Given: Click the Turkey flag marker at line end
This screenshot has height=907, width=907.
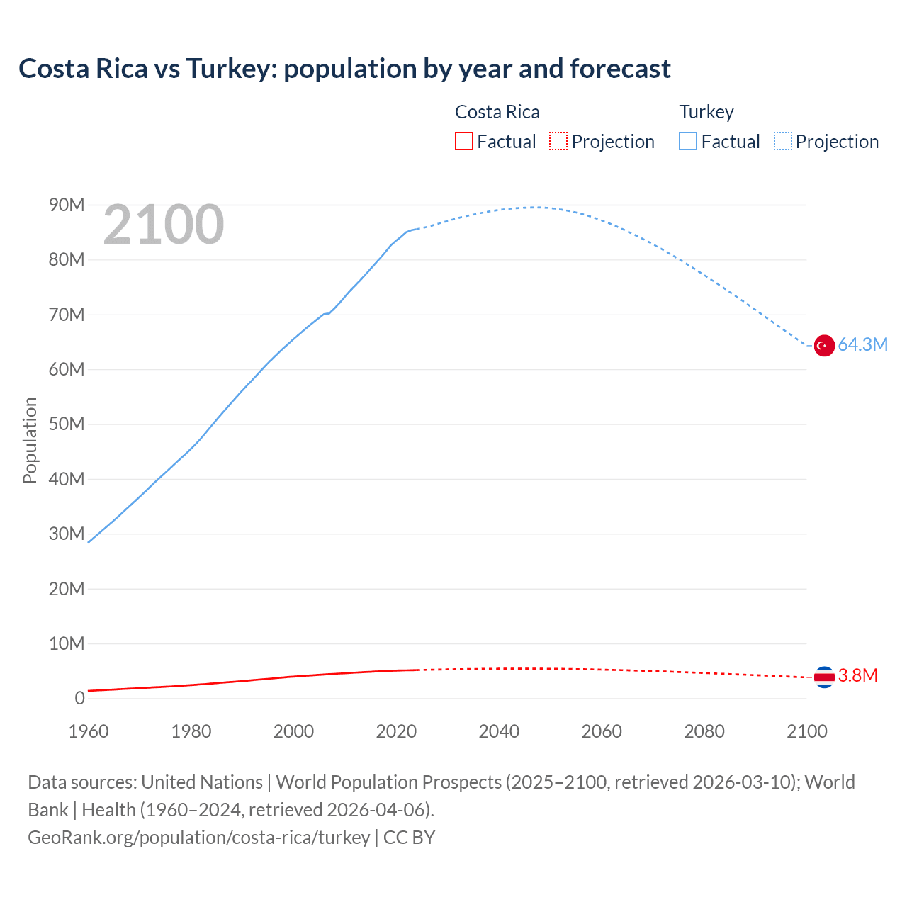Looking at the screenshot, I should tap(824, 346).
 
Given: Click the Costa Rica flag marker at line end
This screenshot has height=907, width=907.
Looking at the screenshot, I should tap(824, 677).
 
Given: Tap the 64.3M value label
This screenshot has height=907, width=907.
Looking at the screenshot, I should tap(862, 345).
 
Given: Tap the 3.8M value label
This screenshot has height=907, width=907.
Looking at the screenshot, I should tap(857, 676).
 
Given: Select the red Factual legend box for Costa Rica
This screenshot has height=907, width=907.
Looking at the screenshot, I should tap(463, 142).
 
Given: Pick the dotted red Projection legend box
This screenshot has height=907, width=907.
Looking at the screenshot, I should tap(558, 142).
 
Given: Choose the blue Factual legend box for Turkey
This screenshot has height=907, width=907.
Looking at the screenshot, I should tap(687, 142).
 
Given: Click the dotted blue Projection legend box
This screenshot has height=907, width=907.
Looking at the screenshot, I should tap(782, 142).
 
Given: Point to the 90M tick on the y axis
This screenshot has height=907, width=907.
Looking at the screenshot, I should tap(67, 205).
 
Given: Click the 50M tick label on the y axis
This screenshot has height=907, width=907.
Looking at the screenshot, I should tap(67, 424).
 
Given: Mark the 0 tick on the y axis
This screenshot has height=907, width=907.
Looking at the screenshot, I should tap(79, 699).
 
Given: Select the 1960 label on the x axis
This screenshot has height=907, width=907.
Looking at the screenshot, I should tap(89, 731).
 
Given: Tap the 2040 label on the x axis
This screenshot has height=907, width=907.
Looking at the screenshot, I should tap(499, 731).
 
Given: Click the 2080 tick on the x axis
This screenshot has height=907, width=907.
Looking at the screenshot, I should tap(704, 731).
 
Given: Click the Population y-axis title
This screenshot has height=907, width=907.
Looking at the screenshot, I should tap(30, 440).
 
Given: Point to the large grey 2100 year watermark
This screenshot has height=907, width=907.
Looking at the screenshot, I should tap(164, 225).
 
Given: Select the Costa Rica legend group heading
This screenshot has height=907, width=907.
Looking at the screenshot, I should tap(497, 112).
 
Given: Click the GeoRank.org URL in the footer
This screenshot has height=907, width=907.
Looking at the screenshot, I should tap(198, 838).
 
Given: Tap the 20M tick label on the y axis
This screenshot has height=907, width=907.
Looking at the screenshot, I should tap(67, 589).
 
